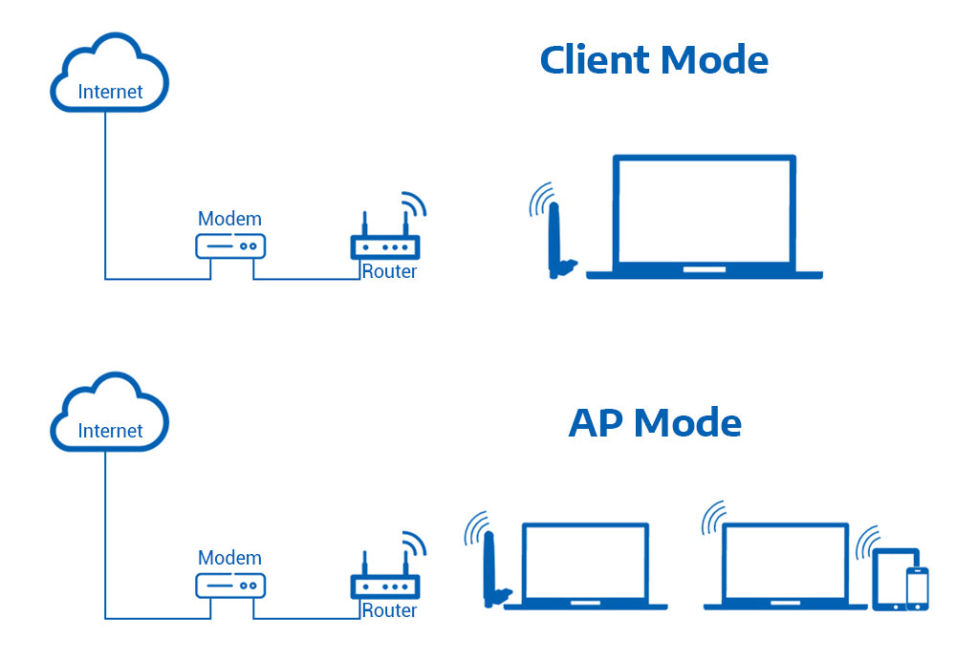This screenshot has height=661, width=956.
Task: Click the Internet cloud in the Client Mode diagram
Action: coord(110,76)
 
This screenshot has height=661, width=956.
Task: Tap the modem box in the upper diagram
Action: coord(230,245)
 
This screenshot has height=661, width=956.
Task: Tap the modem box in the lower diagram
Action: coord(230,585)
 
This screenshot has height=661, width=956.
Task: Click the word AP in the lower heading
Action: coord(597,422)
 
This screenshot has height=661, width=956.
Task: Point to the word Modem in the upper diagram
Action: coord(229,219)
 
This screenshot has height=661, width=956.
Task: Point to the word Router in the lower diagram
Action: coord(389,610)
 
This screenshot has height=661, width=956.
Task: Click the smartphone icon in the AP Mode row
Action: coord(917,588)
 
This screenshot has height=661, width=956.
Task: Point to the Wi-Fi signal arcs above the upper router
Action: coord(414,203)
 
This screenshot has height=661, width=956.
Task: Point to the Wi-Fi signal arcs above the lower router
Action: coord(414,543)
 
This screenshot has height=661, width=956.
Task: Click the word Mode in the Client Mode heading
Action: coord(714,60)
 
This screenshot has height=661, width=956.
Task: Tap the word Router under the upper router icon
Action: coord(389,271)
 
